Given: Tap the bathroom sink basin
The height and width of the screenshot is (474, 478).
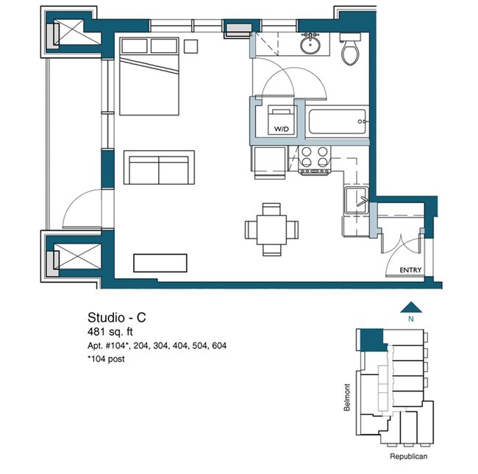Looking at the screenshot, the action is tap(310, 45).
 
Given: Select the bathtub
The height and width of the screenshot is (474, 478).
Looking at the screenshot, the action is tap(337, 121).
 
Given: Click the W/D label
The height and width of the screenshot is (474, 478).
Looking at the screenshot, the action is tap(281, 129).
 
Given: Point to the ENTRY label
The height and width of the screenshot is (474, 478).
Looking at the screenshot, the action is tap(410, 270).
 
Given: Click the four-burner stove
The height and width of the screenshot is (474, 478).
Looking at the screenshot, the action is tap(315, 160).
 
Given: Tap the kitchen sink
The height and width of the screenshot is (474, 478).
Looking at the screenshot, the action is tap(356, 200).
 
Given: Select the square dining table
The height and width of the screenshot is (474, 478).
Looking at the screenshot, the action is tap(271, 230).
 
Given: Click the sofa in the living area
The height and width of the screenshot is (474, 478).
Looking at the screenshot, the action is tap(159, 167).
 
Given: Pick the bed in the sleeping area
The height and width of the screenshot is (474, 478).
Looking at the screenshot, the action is tap(149, 77).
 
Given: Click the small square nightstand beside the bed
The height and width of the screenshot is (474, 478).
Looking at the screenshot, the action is tap(191, 46).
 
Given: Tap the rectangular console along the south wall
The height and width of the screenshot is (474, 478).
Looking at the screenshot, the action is tap(160, 263).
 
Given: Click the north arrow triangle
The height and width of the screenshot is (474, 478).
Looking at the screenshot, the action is tap(411, 308).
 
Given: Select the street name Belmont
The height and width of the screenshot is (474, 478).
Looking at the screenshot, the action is tap(347, 397).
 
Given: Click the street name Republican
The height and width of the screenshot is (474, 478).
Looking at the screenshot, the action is tap(408, 456).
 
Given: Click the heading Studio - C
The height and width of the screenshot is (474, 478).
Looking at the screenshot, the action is tap(117, 317).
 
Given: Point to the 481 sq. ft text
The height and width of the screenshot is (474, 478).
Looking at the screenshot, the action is tap(110, 331).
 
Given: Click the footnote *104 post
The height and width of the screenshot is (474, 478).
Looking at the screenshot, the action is tap(106, 359).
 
